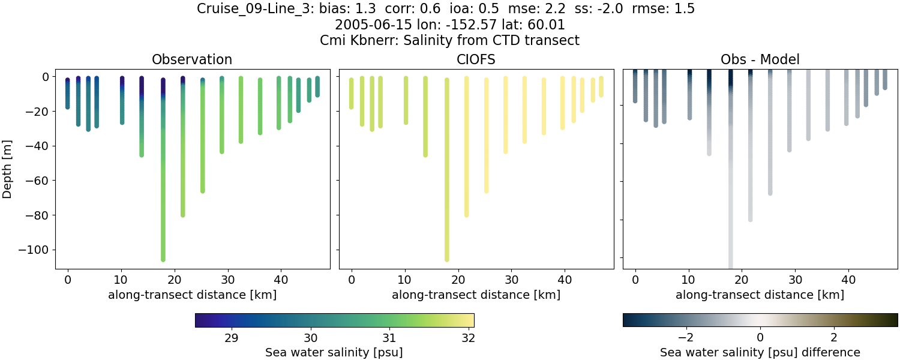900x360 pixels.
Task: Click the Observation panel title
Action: point(192,59)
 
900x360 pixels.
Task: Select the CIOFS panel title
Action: point(476,59)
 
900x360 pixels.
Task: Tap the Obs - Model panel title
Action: point(760,59)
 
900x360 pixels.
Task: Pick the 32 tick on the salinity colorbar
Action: point(469,337)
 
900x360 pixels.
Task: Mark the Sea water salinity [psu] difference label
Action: point(760,352)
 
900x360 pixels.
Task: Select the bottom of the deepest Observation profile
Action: point(163,259)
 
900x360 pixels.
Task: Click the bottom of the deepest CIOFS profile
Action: point(446,259)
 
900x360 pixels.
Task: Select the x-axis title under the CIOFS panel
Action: point(476,295)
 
